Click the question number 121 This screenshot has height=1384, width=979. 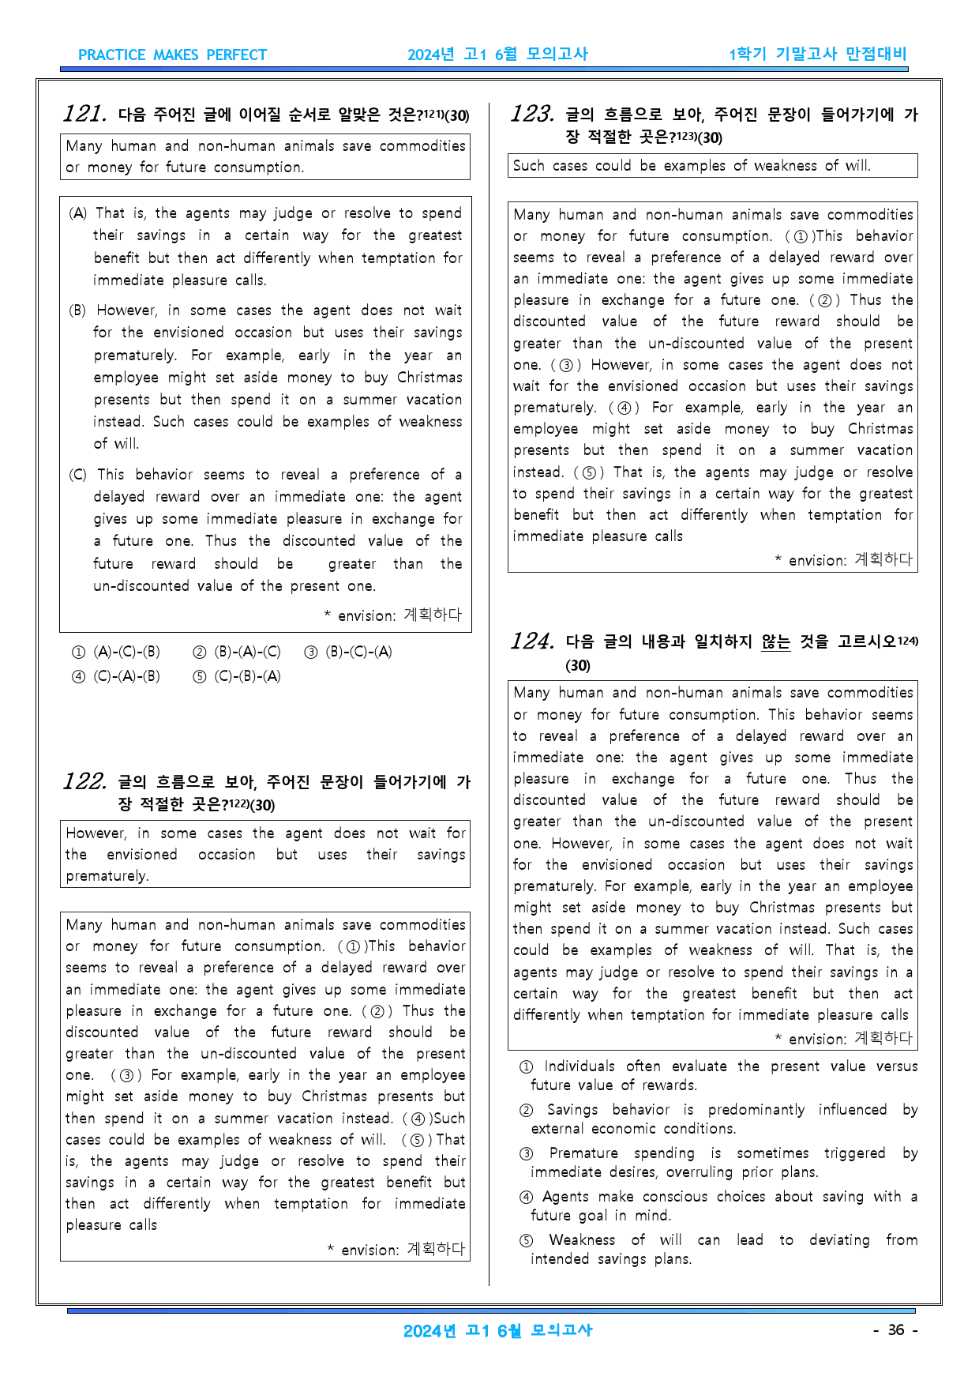coord(84,114)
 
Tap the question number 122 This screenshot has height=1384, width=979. coord(84,781)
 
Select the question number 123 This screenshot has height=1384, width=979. coord(532,114)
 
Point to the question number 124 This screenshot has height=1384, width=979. coord(532,641)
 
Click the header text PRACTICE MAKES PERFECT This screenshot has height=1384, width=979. coord(172,55)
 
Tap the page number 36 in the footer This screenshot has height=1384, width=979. coord(895,1329)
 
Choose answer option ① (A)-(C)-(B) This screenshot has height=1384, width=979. coord(116,652)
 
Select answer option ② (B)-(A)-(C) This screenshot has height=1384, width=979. coord(237,652)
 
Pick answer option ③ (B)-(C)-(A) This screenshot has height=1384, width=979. coord(348,652)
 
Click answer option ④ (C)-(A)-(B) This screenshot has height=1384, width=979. coord(116,676)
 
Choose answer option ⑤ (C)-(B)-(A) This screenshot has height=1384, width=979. coord(237,676)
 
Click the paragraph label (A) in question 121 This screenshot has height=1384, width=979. coord(77,213)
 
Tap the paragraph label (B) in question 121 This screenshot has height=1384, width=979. coord(77,310)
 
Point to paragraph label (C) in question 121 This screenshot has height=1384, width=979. coord(77,475)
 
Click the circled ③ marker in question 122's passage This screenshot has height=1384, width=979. coord(126,1075)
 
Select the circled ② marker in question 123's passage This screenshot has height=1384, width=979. coord(824,300)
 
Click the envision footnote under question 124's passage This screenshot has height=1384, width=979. coord(843,1038)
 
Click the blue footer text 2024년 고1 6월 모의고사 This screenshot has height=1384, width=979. coord(497,1330)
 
